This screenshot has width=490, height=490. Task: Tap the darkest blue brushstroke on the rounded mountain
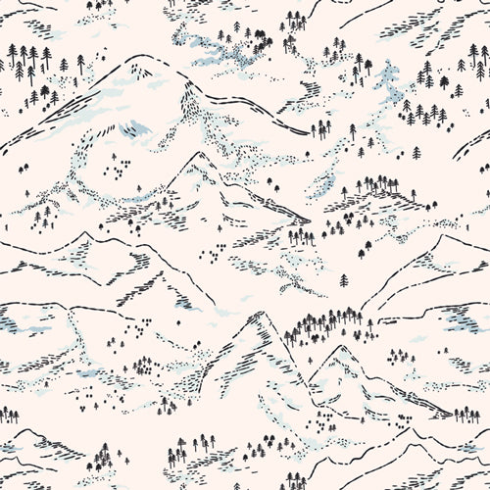click(138, 128)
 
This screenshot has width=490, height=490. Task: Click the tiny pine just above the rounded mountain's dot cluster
click(115, 156)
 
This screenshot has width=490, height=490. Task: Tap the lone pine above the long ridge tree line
click(343, 280)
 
